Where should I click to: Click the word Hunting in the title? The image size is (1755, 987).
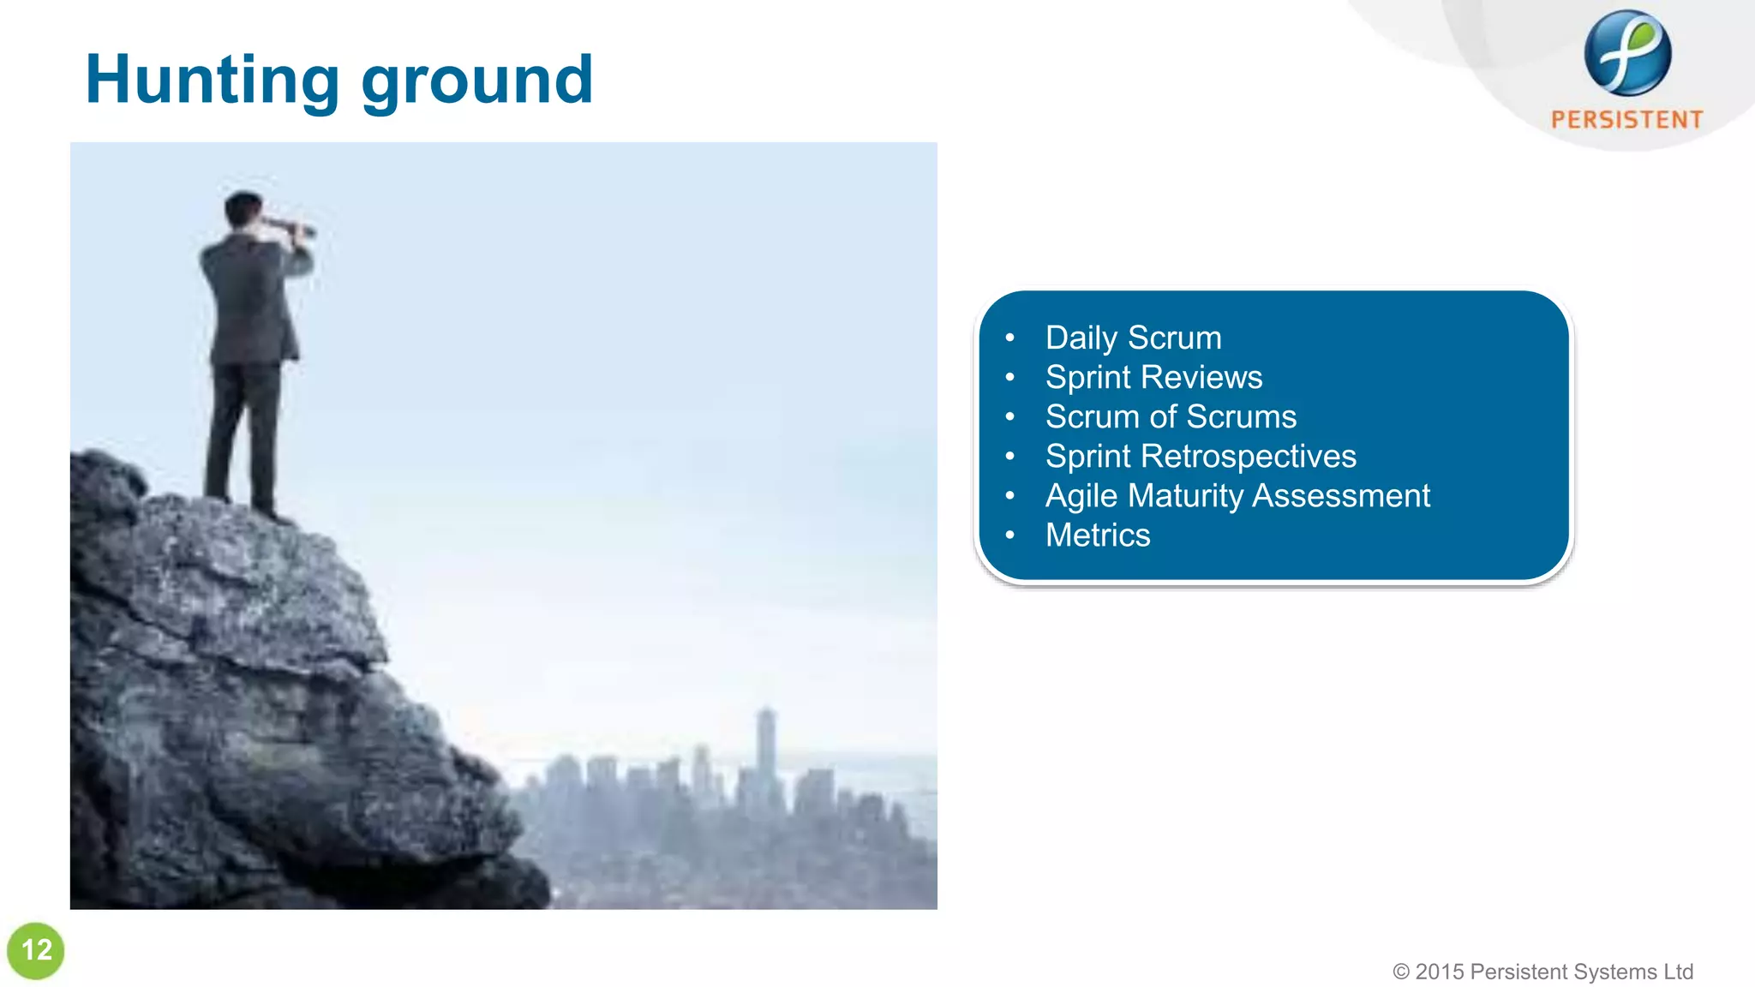point(213,79)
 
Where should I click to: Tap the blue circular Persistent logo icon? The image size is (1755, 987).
point(1626,53)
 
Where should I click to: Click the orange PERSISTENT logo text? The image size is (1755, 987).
point(1626,120)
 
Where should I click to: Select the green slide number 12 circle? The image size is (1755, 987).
point(36,950)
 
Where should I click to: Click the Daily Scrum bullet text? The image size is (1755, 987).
point(1133,338)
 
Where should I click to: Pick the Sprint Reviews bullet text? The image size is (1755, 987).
point(1153,377)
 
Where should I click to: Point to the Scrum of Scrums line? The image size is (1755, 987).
point(1171,416)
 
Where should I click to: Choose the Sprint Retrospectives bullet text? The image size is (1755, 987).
point(1200,456)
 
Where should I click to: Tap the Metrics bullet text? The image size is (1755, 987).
point(1097,535)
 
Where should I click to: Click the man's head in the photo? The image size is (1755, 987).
point(243,209)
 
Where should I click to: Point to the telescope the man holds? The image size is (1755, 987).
point(290,226)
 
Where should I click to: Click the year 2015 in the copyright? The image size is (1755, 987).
point(1440,972)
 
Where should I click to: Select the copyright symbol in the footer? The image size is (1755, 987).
point(1401,972)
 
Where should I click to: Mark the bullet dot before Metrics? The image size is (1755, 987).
point(1009,535)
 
